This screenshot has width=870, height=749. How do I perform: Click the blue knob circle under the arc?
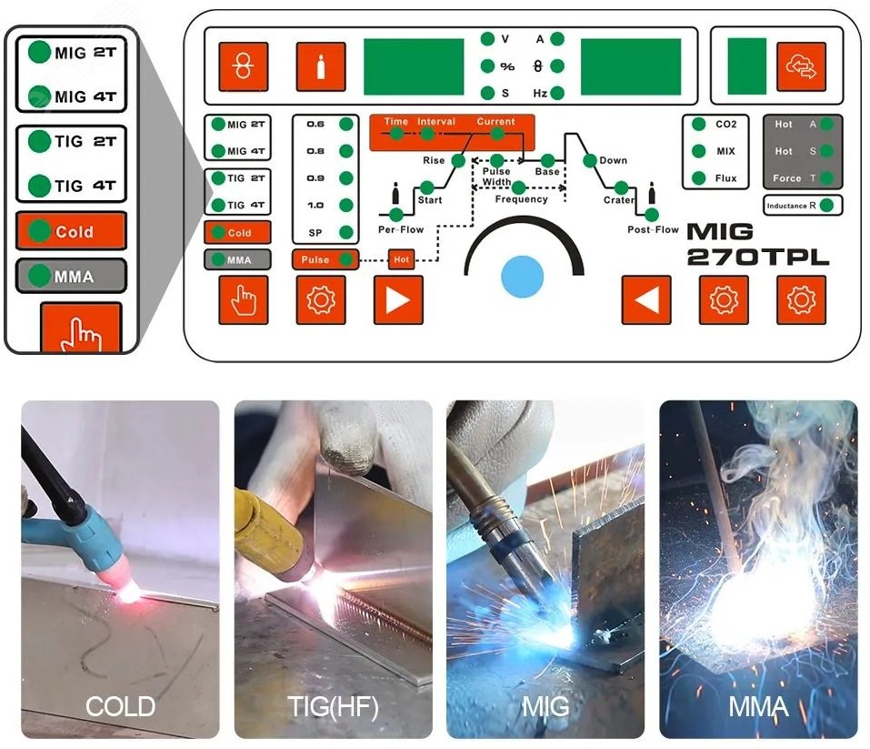[x=522, y=275]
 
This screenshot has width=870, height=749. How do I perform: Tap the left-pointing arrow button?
[x=646, y=300]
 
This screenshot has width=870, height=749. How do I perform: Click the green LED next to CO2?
[x=698, y=125]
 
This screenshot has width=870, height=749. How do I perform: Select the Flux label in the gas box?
[x=725, y=178]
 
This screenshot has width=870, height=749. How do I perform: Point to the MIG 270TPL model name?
[x=757, y=244]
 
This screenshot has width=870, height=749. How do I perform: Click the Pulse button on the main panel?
[x=325, y=259]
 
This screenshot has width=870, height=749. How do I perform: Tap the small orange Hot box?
[x=402, y=260]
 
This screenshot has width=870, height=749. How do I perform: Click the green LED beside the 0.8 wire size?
[x=345, y=151]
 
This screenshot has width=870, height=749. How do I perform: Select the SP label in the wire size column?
[x=315, y=232]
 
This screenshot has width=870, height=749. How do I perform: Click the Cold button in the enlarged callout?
[x=71, y=231]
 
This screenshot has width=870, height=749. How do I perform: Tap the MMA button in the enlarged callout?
[x=71, y=275]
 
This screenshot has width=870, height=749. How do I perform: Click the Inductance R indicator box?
[x=803, y=206]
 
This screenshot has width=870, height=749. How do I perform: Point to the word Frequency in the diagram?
[x=521, y=199]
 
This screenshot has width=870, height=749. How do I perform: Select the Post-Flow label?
[x=653, y=230]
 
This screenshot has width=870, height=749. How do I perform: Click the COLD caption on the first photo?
[x=120, y=706]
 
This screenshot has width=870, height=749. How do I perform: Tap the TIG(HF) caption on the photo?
[x=333, y=706]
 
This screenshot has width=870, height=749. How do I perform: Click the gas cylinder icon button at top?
[x=320, y=67]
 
